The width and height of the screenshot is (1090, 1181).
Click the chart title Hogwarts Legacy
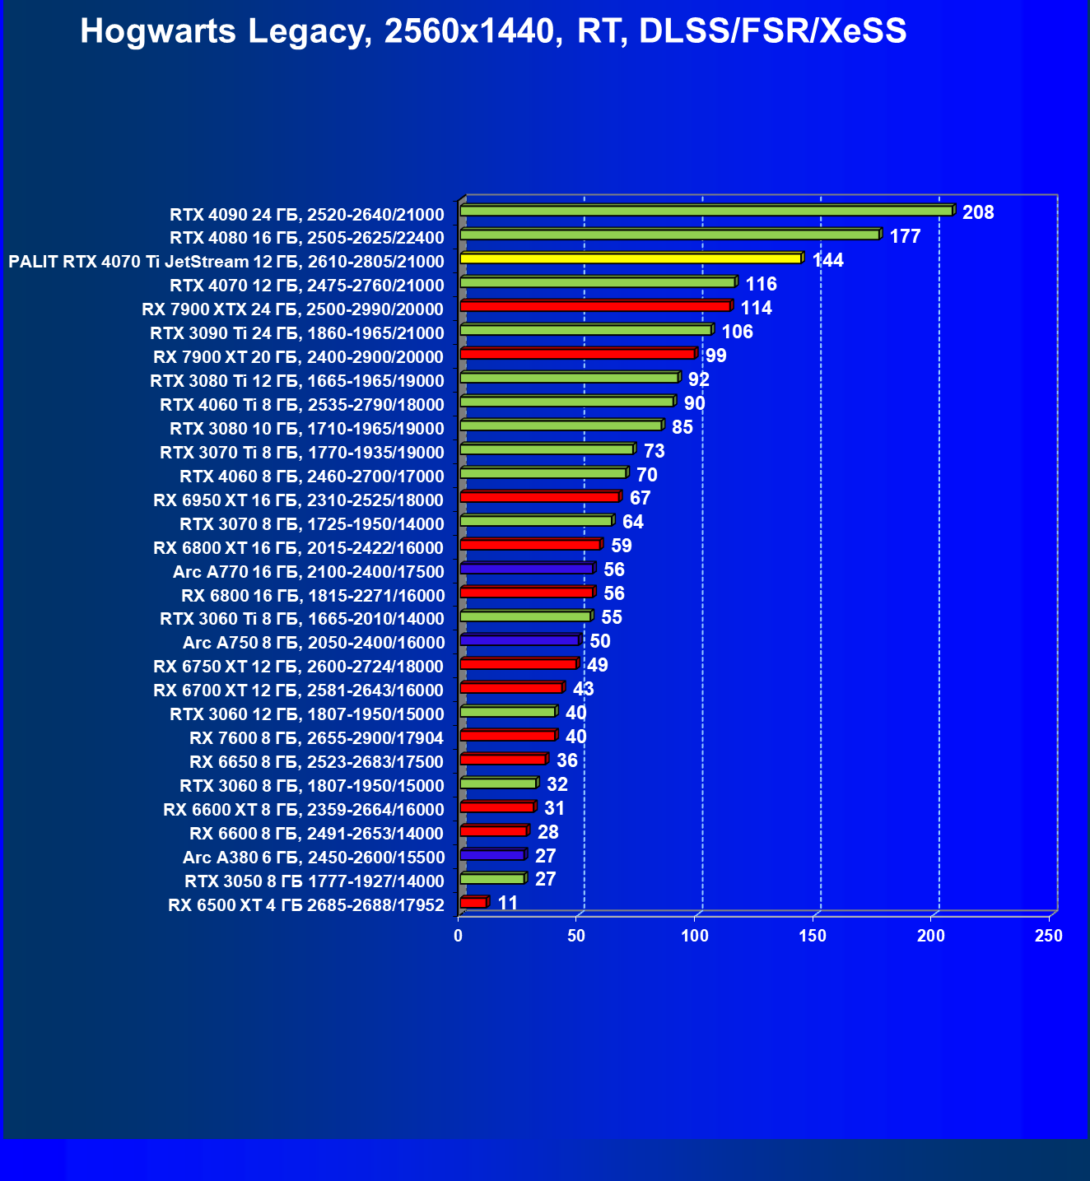493,31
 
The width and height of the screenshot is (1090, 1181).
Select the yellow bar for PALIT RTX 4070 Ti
630,258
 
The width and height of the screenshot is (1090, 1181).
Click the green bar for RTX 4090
706,211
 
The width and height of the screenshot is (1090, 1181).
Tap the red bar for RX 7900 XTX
594,306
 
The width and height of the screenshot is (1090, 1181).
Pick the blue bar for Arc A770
526,569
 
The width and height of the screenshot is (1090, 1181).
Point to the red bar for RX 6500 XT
473,903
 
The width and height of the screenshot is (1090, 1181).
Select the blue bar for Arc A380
491,855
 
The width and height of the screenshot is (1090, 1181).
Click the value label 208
978,213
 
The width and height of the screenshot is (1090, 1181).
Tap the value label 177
905,237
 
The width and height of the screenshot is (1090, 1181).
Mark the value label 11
508,904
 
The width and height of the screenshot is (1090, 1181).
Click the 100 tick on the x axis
695,936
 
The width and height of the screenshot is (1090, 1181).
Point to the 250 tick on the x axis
1049,936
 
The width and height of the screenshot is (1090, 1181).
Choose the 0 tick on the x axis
459,936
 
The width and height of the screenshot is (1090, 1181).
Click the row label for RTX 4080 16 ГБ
306,238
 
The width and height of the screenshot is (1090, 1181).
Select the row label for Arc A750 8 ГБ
313,643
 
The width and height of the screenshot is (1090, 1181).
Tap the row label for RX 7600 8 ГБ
316,738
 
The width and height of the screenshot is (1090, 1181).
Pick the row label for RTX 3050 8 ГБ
314,881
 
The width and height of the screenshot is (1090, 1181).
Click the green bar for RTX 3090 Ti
585,330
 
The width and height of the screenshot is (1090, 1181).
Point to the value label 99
715,356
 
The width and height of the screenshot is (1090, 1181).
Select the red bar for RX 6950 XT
539,497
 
